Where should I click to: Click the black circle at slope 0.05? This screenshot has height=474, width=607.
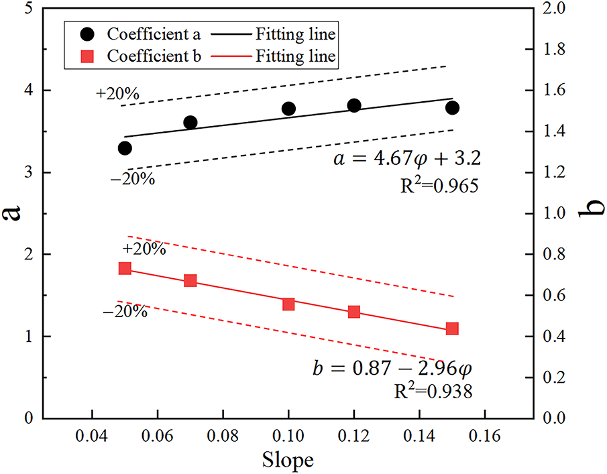click(125, 148)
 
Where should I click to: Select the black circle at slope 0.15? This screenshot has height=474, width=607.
click(452, 107)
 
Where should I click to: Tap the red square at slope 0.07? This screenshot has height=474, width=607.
click(190, 281)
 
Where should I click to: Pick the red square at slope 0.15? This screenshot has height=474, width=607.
click(452, 329)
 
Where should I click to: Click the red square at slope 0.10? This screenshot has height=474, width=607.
click(288, 304)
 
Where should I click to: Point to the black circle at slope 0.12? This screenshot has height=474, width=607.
click(354, 105)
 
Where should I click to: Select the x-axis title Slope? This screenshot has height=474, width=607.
click(288, 461)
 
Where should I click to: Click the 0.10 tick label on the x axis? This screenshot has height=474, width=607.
click(288, 437)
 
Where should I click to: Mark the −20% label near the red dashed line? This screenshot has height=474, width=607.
click(125, 312)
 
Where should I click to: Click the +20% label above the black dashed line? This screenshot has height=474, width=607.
click(117, 95)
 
